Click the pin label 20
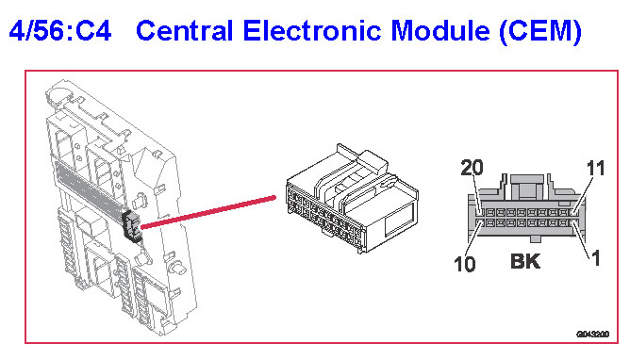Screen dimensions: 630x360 tap(472, 168)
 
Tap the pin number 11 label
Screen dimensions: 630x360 tap(595, 168)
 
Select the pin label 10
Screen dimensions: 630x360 tap(464, 264)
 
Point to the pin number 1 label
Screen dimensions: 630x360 tap(596, 258)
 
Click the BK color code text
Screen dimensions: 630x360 tap(525, 261)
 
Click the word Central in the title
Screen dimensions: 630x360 tap(185, 31)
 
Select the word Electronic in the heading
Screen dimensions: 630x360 tap(312, 31)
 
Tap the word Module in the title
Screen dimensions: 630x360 tap(439, 31)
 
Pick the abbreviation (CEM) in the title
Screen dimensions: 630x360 tap(540, 32)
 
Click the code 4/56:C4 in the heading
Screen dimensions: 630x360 tap(60, 31)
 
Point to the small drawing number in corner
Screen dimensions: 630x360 tap(593, 334)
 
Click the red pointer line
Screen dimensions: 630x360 tap(208, 212)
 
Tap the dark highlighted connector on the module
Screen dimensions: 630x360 tap(132, 227)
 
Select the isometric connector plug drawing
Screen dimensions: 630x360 tap(352, 198)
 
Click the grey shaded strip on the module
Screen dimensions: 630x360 tap(90, 188)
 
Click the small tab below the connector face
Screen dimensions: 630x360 tap(535, 239)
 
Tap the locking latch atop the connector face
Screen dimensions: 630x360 tap(526, 187)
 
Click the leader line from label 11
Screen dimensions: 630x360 tap(584, 194)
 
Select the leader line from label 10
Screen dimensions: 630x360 tap(474, 239)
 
